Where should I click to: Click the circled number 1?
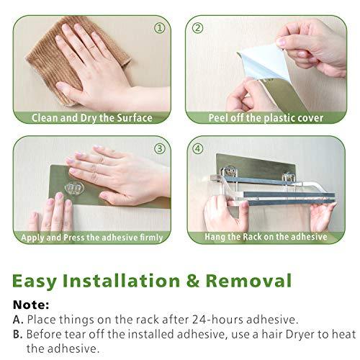tap(159, 28)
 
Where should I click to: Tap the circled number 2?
tap(197, 28)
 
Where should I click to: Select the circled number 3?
tap(160, 148)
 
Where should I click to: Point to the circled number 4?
tap(197, 148)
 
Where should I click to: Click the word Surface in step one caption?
tap(135, 118)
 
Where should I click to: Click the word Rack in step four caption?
tap(252, 237)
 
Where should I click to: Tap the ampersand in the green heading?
tap(193, 281)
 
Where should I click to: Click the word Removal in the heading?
tap(248, 281)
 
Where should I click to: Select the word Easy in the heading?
tap(35, 282)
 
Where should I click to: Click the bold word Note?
tap(31, 305)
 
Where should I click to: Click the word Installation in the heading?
tap(121, 281)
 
